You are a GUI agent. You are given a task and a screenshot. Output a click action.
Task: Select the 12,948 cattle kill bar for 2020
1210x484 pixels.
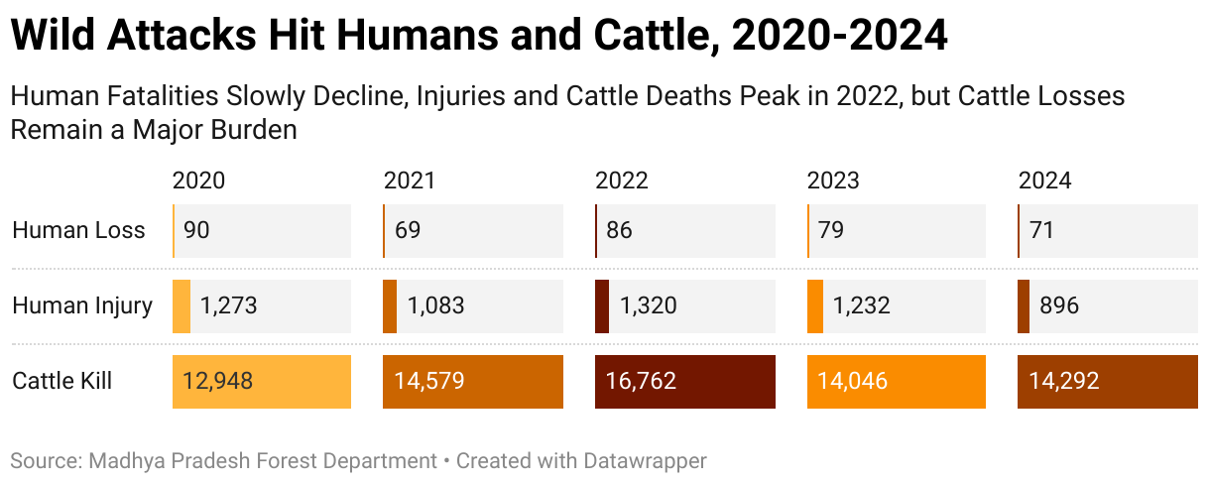click(261, 381)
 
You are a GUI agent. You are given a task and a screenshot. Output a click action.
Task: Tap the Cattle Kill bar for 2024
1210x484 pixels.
click(1108, 381)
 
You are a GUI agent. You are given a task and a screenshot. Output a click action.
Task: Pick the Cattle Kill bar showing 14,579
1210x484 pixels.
click(472, 381)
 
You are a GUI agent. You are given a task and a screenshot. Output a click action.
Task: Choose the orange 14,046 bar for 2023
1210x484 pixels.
click(896, 381)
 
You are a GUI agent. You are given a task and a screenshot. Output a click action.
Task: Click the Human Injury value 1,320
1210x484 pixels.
click(648, 306)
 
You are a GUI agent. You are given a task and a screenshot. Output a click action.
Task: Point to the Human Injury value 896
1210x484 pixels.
click(1058, 306)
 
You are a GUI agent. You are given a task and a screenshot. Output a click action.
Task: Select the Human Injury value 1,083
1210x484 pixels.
click(436, 306)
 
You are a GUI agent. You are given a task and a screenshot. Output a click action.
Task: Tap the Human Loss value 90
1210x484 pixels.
click(196, 231)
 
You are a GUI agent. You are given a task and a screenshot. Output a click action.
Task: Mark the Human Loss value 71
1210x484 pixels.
click(1041, 231)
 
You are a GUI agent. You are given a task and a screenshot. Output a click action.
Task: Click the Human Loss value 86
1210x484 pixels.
click(619, 231)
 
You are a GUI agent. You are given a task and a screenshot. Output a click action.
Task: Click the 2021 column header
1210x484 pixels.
click(410, 181)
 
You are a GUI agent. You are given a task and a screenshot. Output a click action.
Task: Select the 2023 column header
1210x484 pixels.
click(833, 181)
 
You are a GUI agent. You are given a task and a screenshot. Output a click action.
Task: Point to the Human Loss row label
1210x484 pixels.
click(78, 231)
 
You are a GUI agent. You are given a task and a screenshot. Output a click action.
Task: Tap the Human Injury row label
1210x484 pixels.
click(82, 306)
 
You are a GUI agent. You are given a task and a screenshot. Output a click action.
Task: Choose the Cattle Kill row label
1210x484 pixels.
click(61, 381)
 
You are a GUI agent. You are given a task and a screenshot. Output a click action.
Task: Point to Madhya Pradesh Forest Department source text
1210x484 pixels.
click(263, 461)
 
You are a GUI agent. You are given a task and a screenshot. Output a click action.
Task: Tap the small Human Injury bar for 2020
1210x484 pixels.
click(181, 306)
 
